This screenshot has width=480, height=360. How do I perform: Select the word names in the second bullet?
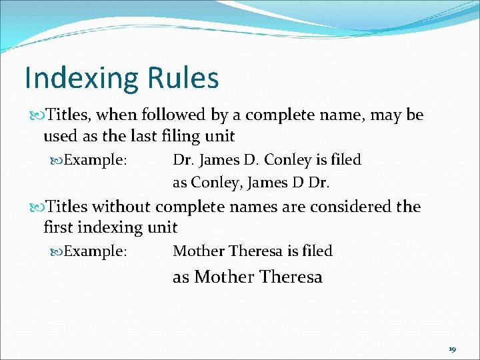pyautogui.click(x=254, y=207)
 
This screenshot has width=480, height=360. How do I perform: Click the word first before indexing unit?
pyautogui.click(x=58, y=227)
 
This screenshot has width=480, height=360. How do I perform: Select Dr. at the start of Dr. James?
pyautogui.click(x=182, y=160)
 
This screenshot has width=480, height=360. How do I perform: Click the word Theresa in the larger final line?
pyautogui.click(x=291, y=277)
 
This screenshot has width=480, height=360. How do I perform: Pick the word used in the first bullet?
pyautogui.click(x=58, y=137)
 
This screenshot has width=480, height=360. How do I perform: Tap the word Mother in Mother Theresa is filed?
pyautogui.click(x=198, y=251)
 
